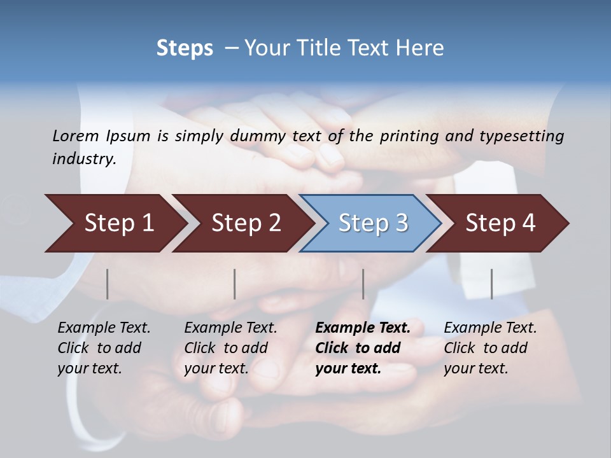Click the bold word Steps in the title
click(185, 48)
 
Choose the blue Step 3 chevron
click(373, 223)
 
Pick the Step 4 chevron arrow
click(500, 223)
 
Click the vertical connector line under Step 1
click(108, 284)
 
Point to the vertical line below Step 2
click(235, 284)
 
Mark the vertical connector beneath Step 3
click(363, 284)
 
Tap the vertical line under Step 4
click(492, 284)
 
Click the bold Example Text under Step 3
click(363, 328)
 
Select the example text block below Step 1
click(104, 348)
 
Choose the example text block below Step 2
click(230, 348)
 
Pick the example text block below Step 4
click(490, 348)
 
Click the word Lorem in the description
click(76, 135)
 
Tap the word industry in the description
click(83, 159)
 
